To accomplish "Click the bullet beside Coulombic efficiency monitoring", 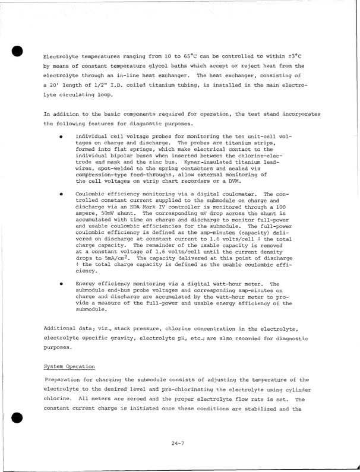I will [x=61, y=194].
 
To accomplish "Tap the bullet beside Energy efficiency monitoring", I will [x=61, y=284].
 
